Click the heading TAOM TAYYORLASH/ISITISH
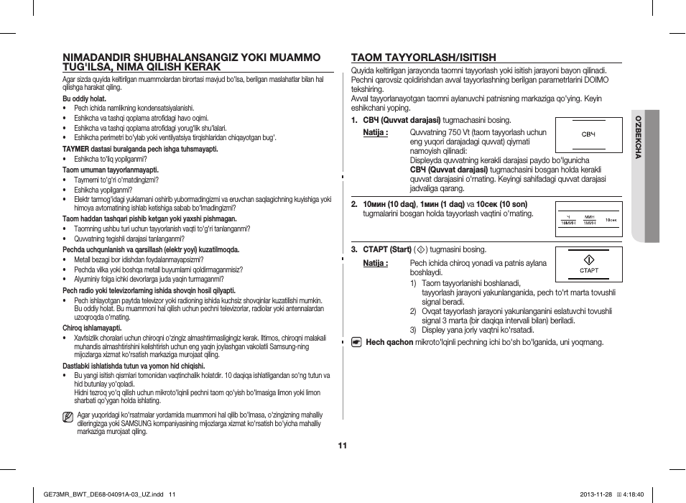[423, 57]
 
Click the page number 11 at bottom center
[343, 446]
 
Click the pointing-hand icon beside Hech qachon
[356, 342]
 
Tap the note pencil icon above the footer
[68, 416]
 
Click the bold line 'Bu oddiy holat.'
[84, 98]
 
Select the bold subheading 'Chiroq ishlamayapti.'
[92, 328]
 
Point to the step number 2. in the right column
[354, 204]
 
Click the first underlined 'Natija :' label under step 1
[375, 133]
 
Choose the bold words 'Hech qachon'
[389, 342]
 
